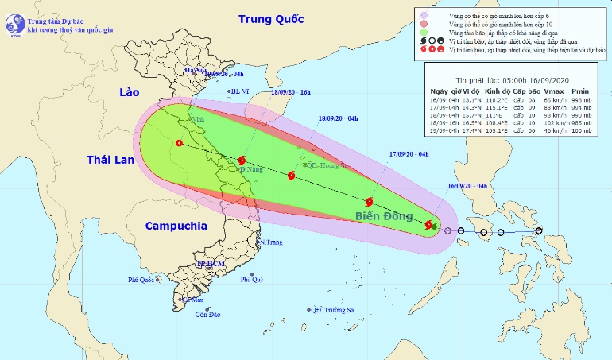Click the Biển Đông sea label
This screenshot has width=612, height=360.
[x=382, y=216]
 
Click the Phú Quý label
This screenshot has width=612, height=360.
[x=252, y=280]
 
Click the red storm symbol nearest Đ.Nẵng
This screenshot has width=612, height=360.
[x=242, y=161]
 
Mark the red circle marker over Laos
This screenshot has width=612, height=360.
[x=179, y=144]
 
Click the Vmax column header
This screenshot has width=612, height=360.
[x=554, y=91]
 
